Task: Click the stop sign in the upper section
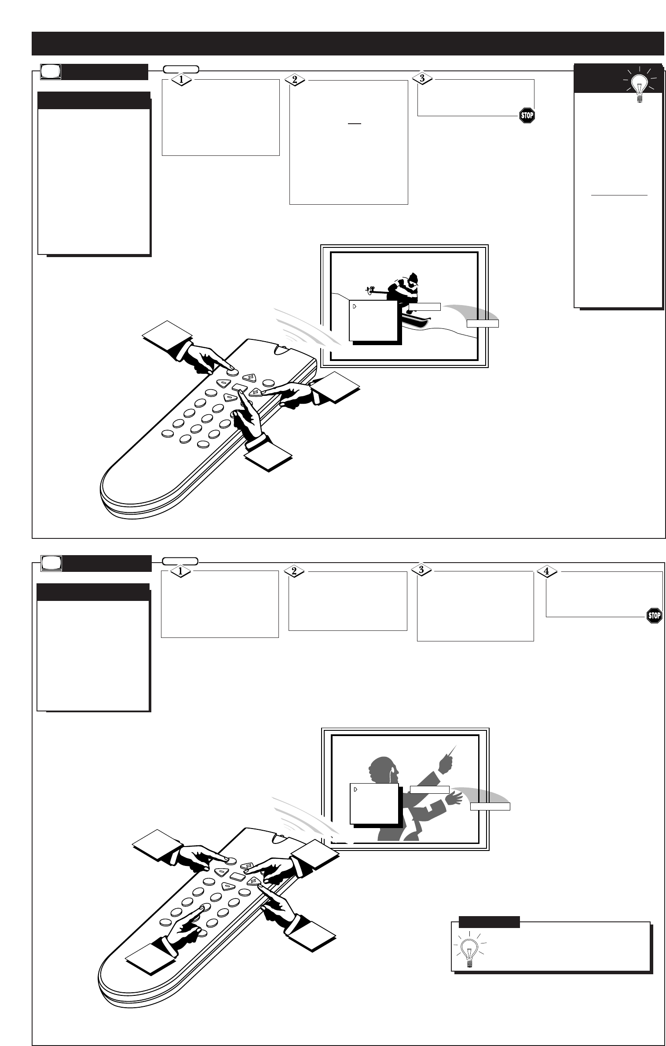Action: [x=527, y=116]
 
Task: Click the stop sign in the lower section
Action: [x=654, y=615]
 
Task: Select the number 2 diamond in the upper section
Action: [x=295, y=80]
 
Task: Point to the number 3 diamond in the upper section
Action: [x=422, y=78]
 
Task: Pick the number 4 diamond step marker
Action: [x=547, y=571]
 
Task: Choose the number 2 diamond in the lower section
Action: [x=294, y=571]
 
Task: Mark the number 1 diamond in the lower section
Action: [x=179, y=571]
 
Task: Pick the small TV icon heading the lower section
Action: [x=51, y=564]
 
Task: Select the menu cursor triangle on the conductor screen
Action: [x=355, y=789]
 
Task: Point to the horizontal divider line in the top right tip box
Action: [x=619, y=194]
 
